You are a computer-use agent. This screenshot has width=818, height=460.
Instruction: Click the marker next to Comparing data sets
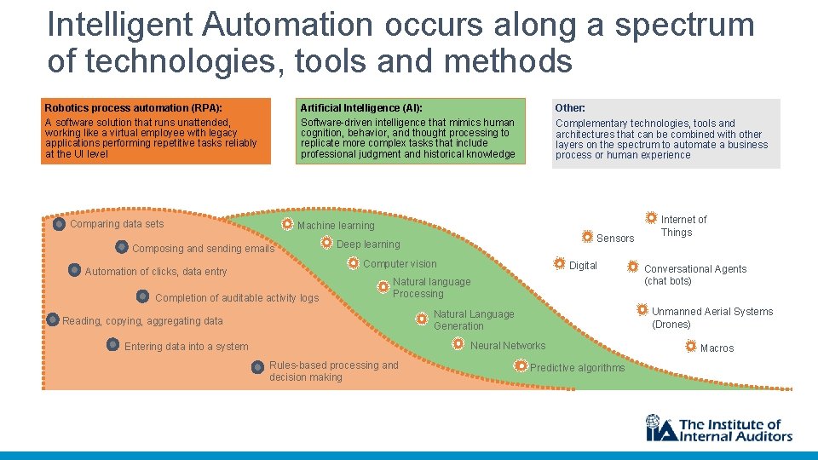pyautogui.click(x=59, y=225)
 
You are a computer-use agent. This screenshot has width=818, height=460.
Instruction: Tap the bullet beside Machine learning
pyautogui.click(x=288, y=225)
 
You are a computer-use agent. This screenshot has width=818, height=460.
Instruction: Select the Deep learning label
pyautogui.click(x=368, y=244)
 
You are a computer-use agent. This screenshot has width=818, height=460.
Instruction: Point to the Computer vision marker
pyautogui.click(x=353, y=264)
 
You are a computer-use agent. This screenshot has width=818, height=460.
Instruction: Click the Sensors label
pyautogui.click(x=615, y=239)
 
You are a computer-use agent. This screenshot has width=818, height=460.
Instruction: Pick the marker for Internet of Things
pyautogui.click(x=651, y=218)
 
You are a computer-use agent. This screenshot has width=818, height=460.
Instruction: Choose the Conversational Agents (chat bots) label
pyautogui.click(x=695, y=275)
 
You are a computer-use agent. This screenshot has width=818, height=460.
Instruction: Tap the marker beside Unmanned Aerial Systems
pyautogui.click(x=642, y=309)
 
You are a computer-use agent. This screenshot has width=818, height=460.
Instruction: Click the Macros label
pyautogui.click(x=717, y=348)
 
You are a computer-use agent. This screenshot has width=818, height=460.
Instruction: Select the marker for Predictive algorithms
pyautogui.click(x=520, y=365)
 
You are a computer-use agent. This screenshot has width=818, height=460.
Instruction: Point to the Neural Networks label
pyautogui.click(x=508, y=346)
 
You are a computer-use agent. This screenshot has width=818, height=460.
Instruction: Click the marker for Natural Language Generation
pyautogui.click(x=421, y=319)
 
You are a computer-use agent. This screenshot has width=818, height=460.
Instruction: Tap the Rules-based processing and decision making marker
pyautogui.click(x=257, y=367)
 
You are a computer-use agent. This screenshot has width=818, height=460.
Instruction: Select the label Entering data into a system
pyautogui.click(x=187, y=347)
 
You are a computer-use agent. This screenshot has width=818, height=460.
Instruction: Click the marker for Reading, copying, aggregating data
pyautogui.click(x=54, y=320)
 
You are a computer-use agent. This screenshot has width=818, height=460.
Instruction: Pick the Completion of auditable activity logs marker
pyautogui.click(x=143, y=297)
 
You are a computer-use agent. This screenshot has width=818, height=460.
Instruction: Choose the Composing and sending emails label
pyautogui.click(x=204, y=249)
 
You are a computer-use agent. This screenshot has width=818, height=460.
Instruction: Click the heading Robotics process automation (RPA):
pyautogui.click(x=133, y=108)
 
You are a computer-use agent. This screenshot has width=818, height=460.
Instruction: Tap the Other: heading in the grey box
pyautogui.click(x=570, y=108)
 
